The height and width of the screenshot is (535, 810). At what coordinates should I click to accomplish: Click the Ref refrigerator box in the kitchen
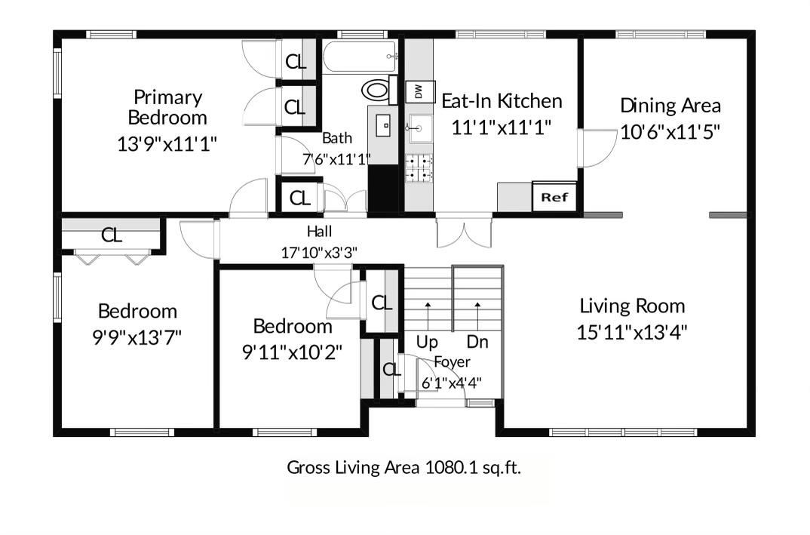pos(554,196)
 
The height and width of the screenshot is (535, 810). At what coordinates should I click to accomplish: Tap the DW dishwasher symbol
pos(419,92)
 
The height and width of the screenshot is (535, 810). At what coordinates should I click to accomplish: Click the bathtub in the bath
pos(360,57)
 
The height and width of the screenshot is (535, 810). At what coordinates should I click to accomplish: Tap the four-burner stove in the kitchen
pos(419,168)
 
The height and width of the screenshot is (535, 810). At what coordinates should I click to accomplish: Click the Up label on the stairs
pos(427,342)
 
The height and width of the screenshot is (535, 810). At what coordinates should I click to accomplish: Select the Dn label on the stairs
pos(477,342)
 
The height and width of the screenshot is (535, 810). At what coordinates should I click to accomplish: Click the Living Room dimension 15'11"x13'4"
pos(632,332)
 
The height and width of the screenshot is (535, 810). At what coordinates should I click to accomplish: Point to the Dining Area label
pos(670,106)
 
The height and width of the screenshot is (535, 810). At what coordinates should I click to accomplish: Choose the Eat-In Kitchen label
pos(502,101)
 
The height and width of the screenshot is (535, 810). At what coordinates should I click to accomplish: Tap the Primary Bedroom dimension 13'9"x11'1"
pos(167,143)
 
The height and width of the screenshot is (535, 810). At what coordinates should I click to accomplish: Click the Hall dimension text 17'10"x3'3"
pos(319,253)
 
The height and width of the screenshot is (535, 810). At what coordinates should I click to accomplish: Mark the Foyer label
pos(452,362)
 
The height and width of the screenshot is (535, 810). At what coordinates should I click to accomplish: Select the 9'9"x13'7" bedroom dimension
pos(137,338)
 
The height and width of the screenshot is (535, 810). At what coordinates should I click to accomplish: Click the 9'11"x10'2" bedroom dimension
pos(292,352)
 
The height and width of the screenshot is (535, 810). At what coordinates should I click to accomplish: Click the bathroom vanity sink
pos(384,125)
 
